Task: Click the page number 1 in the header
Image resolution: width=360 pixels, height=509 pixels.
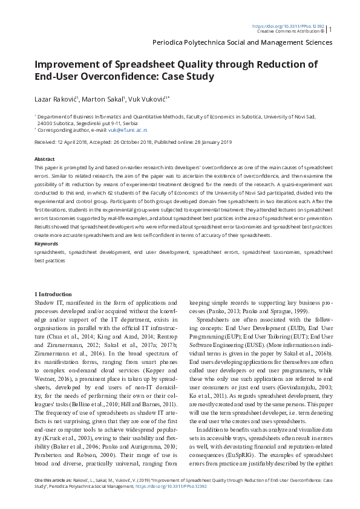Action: pos(330,28)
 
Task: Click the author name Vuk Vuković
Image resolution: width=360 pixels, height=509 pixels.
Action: pos(147,99)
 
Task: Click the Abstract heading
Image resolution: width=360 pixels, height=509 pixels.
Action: pos(45,159)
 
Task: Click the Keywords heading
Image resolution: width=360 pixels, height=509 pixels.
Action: pos(47,244)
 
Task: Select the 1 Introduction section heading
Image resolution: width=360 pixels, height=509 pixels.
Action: pos(53,294)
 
